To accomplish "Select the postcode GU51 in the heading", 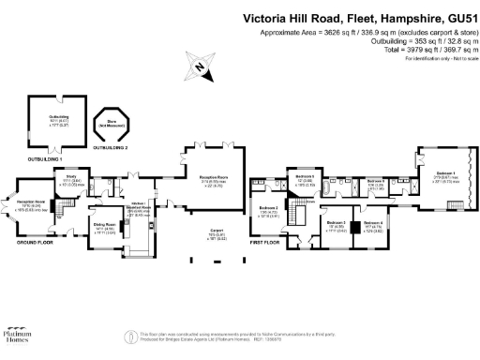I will click(453, 17).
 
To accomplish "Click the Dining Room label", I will click(104, 224).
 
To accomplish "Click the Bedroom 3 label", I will click(336, 223).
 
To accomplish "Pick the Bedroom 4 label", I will click(373, 223).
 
